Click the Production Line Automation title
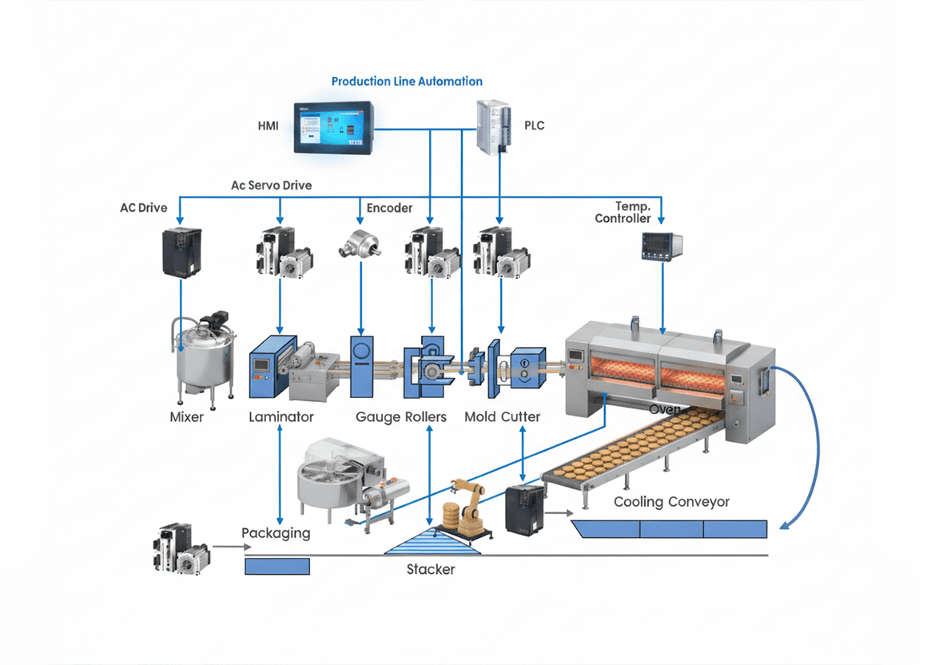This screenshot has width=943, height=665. (x=407, y=82)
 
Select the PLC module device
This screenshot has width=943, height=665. (x=493, y=125)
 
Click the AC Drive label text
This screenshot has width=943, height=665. (x=144, y=208)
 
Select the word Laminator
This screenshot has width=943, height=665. (x=281, y=416)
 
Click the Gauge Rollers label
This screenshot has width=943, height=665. (x=401, y=416)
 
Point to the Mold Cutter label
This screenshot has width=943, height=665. (x=503, y=416)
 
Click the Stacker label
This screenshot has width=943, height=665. (x=431, y=569)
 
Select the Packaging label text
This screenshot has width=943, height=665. (x=276, y=533)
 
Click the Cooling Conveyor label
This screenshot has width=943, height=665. (x=671, y=502)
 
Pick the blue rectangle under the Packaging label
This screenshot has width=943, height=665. (x=277, y=566)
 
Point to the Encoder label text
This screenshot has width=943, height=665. (x=389, y=208)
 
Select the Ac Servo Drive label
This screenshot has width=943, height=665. (x=272, y=185)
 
